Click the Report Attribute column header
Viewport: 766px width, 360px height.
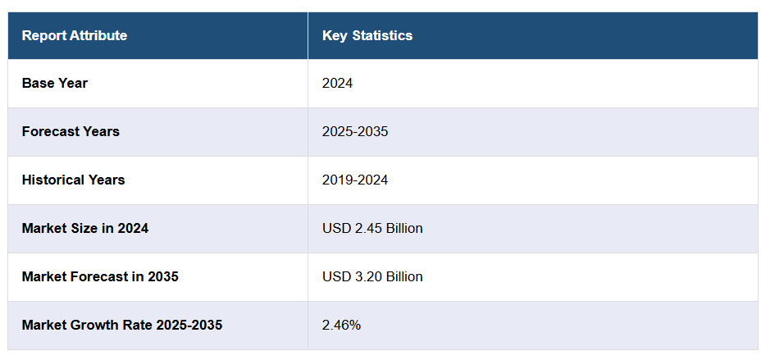[75, 36]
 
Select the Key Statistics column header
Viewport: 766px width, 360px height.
[367, 36]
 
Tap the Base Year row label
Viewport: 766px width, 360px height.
[55, 84]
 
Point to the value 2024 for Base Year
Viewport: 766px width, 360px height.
[338, 84]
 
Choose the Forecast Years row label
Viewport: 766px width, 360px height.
[71, 132]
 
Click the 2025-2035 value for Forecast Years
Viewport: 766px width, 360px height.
[355, 132]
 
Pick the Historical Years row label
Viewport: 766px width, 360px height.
[74, 180]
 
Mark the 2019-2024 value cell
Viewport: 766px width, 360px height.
[355, 180]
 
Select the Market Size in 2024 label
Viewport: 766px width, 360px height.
[85, 229]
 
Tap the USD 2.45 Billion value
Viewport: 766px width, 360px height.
[372, 229]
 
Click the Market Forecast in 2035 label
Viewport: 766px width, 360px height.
[100, 277]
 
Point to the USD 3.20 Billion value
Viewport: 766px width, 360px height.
[372, 277]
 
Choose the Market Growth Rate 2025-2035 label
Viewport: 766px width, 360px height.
[122, 326]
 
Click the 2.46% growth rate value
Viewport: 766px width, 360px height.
[341, 326]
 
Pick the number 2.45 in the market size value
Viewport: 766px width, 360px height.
[366, 229]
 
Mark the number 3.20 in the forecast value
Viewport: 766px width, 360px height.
[366, 277]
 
